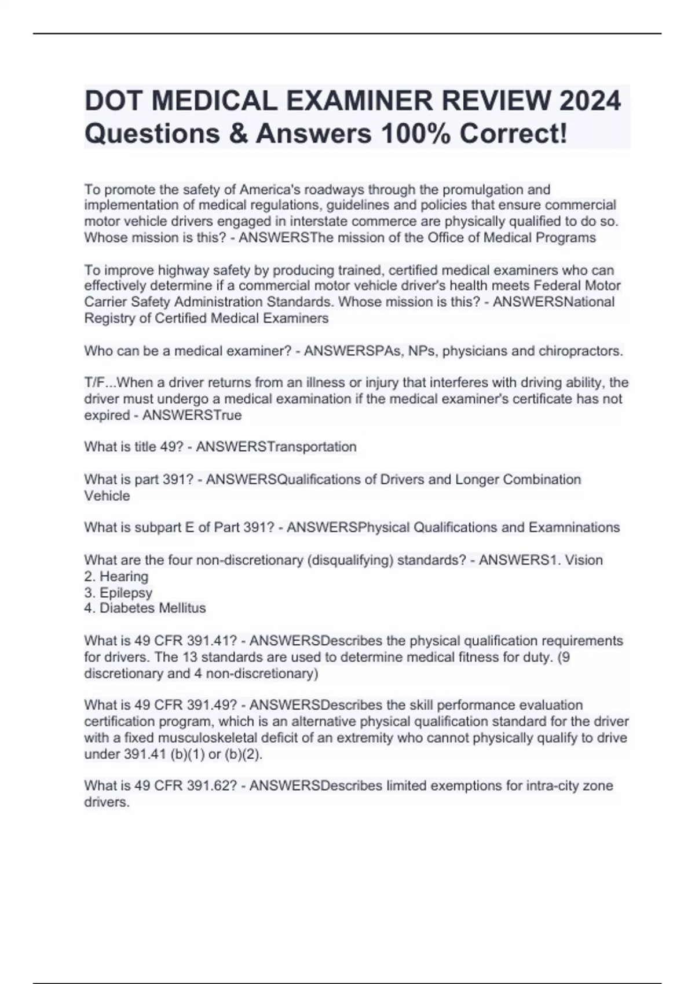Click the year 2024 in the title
(590, 101)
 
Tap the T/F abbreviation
(94, 383)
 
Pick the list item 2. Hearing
(116, 577)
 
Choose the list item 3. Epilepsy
(118, 593)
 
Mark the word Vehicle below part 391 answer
(107, 496)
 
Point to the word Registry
(109, 318)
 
